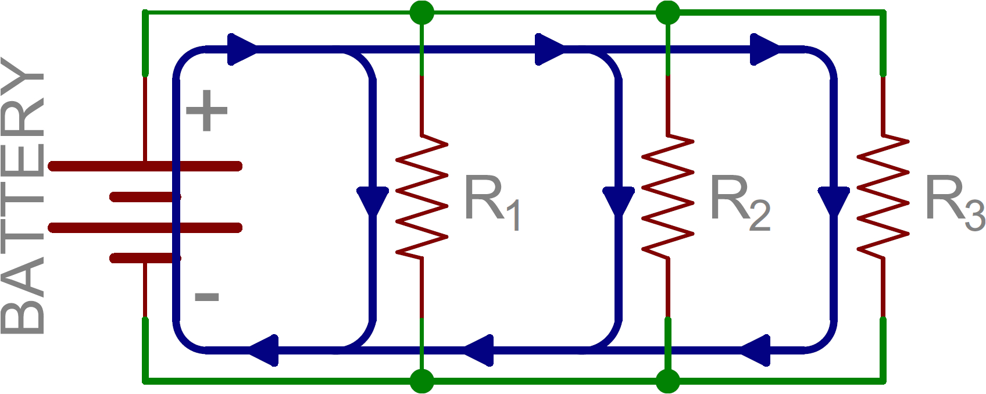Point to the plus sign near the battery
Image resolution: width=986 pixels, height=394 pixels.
206,110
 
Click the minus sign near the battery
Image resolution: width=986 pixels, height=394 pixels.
206,298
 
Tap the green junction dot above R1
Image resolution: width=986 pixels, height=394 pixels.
422,12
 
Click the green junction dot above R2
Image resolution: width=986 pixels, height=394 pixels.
668,12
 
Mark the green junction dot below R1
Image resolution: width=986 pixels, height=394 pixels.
422,381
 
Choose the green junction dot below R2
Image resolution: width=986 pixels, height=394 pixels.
668,381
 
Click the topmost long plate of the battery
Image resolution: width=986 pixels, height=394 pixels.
145,167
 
